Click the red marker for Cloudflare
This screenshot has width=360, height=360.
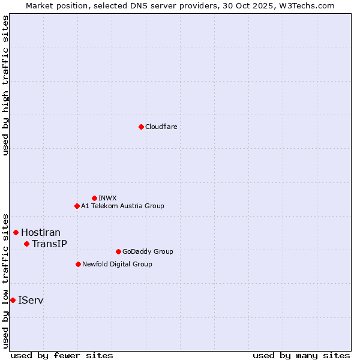(x=141, y=127)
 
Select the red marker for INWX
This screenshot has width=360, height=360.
(x=94, y=198)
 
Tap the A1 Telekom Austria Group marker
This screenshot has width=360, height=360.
(x=77, y=206)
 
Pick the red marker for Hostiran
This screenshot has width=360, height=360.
(x=16, y=232)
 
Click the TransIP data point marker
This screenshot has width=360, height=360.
(x=26, y=244)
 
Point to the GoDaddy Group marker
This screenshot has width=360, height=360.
(x=118, y=251)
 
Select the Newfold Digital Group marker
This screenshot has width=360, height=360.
(x=78, y=264)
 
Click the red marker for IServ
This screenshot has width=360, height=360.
(x=13, y=300)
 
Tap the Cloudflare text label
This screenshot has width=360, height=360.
(x=161, y=127)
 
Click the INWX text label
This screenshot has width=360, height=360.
(x=108, y=198)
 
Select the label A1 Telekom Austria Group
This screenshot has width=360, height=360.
(x=122, y=206)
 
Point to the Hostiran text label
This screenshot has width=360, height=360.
(x=41, y=232)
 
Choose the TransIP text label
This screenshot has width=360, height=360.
(x=49, y=244)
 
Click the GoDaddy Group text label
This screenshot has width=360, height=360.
(x=148, y=251)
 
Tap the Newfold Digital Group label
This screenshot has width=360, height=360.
(x=117, y=264)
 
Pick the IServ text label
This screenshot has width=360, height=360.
(x=31, y=300)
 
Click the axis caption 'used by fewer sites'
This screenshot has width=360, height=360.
(x=62, y=355)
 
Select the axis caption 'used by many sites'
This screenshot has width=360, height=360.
(x=301, y=355)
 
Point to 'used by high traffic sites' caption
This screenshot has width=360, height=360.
(x=5, y=86)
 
